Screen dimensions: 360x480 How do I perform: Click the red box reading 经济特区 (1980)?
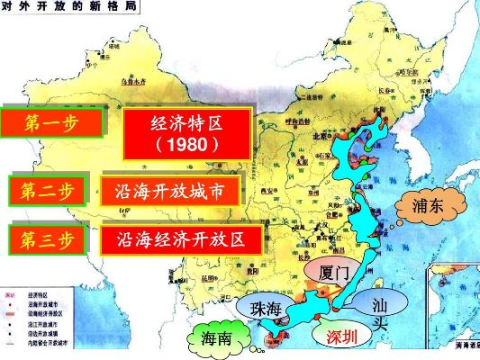tap(186, 132)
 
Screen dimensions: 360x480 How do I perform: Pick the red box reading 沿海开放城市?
tap(171, 191)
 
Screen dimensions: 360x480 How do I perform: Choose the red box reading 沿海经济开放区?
tap(181, 240)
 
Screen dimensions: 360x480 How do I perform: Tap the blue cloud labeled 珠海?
tap(267, 308)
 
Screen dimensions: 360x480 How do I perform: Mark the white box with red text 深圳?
tap(341, 337)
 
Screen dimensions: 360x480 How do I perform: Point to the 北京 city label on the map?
tap(316, 135)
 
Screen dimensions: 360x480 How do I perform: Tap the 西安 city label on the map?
tap(264, 191)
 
